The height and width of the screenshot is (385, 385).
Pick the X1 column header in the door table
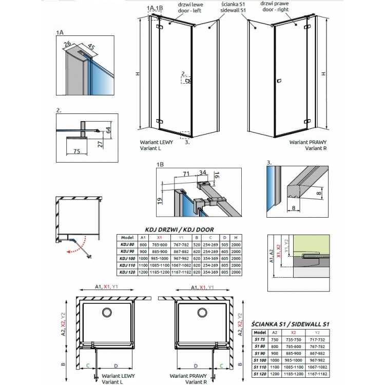click(x=160, y=238)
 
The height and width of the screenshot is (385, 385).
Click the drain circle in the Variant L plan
click(x=107, y=312)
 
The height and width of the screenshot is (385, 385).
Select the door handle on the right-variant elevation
click(x=279, y=81)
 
